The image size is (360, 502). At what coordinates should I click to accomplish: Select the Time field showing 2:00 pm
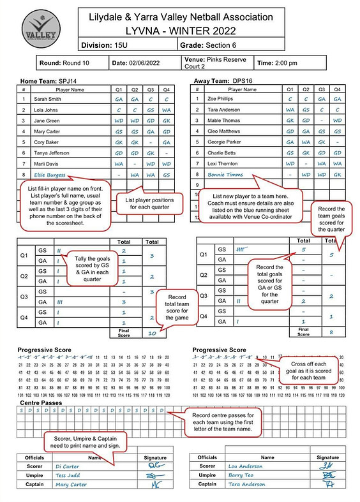coord(294,63)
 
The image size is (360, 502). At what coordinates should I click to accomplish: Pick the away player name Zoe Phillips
coord(221,100)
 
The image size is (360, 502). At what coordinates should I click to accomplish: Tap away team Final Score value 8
coord(332,332)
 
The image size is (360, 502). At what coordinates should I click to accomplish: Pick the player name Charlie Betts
coord(221,152)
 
